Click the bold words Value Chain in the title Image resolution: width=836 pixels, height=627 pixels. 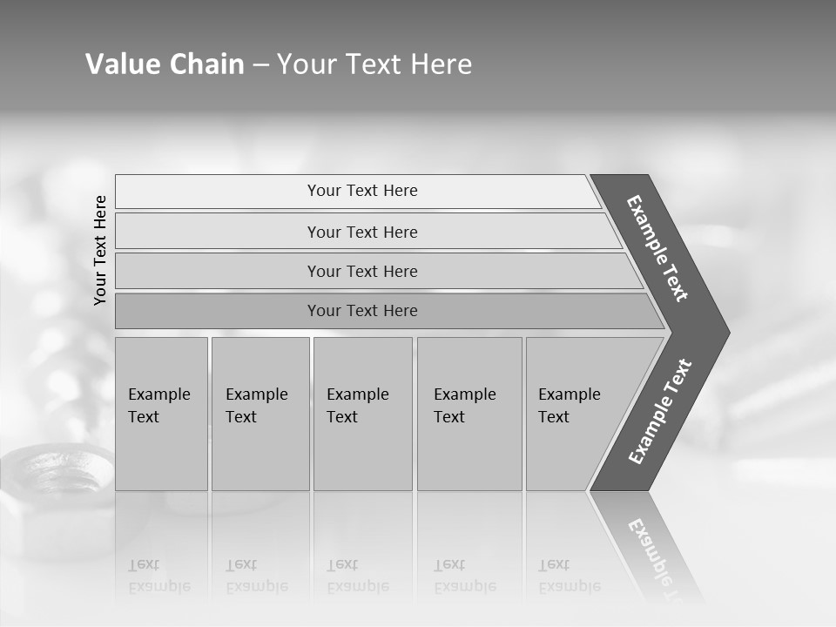(x=165, y=64)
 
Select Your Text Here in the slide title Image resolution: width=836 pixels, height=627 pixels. (x=374, y=64)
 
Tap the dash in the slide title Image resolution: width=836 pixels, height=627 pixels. (x=260, y=65)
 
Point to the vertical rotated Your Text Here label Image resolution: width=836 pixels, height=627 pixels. (x=100, y=250)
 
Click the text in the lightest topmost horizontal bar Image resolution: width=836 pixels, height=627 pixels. (x=362, y=191)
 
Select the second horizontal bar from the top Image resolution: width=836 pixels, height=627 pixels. (x=362, y=232)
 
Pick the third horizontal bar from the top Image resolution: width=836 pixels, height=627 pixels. (x=362, y=271)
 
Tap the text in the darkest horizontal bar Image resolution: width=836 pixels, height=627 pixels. (x=362, y=311)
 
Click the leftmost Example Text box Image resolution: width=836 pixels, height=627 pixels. (x=161, y=414)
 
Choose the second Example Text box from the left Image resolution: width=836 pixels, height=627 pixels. (x=260, y=414)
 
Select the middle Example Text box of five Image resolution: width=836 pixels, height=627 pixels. (x=362, y=414)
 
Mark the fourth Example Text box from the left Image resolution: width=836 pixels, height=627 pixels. (x=469, y=414)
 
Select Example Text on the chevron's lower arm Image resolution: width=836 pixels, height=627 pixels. (x=660, y=412)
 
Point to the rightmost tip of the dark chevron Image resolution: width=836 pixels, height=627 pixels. (x=727, y=333)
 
